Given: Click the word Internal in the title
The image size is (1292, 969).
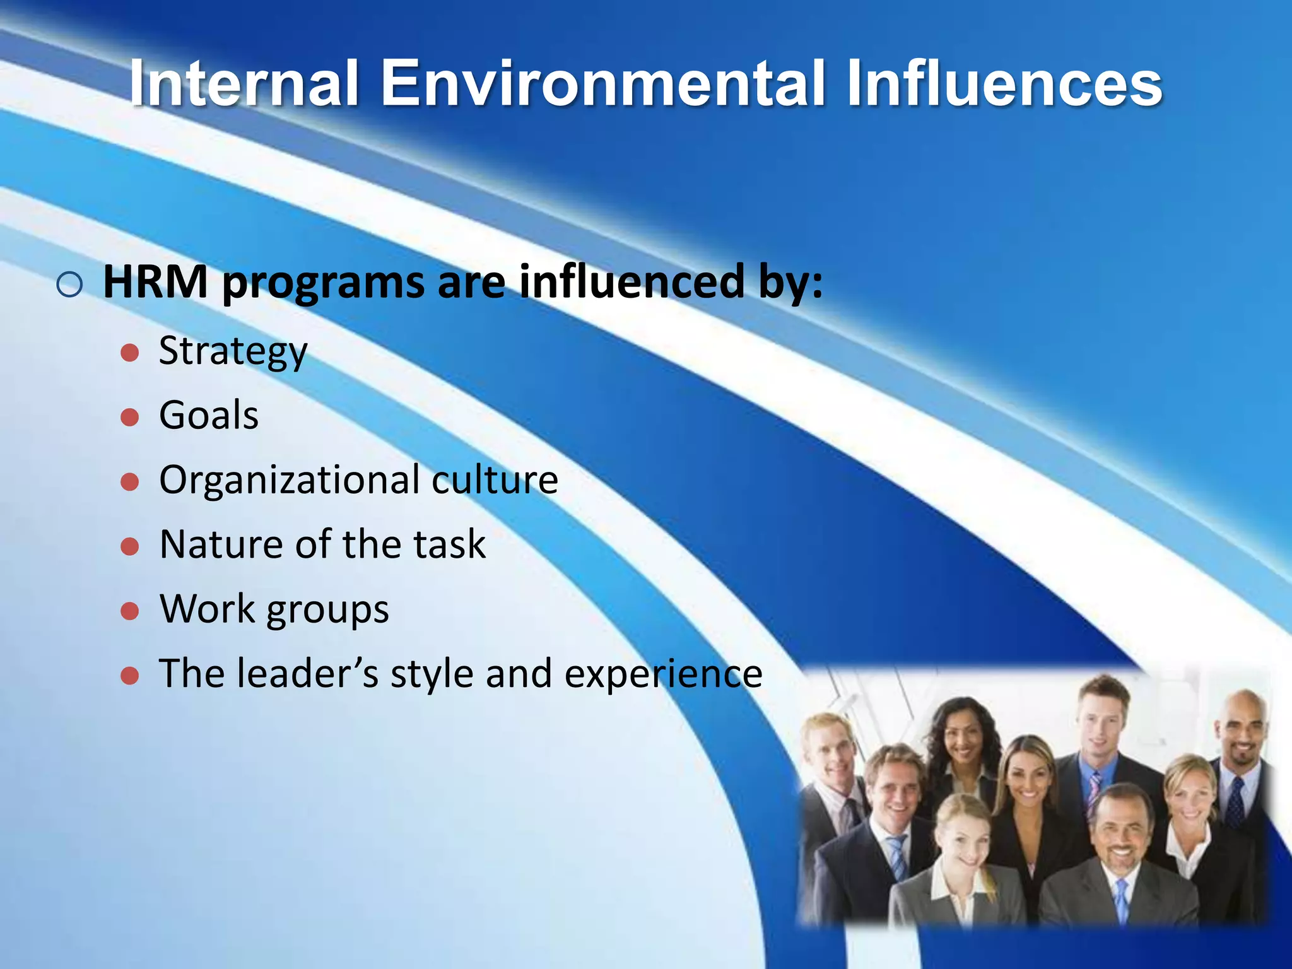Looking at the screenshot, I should pos(244,83).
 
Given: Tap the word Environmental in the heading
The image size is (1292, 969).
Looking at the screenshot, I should pos(602,83).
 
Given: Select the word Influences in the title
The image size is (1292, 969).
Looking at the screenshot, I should pos(1004,83).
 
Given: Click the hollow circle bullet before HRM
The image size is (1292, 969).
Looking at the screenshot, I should pos(69,285).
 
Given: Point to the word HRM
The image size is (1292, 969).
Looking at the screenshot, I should pos(155,282).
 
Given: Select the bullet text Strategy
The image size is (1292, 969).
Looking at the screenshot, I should pos(233,352).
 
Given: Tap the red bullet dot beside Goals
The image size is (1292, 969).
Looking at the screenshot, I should pos(130,417).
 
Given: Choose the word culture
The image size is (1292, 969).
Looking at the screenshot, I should pos(495,479).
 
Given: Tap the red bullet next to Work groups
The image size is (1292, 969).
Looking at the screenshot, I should pos(130,611).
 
